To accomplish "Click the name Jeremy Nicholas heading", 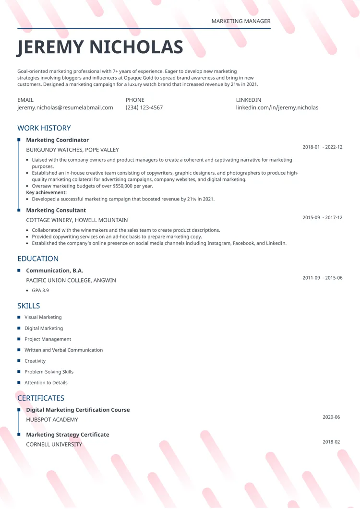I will [x=100, y=47].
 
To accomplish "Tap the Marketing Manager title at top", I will [x=240, y=21].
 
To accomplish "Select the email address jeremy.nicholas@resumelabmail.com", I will [x=65, y=107].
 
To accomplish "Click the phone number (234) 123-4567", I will [x=144, y=107].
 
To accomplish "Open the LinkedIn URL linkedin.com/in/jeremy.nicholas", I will [x=277, y=107].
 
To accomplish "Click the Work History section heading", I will [x=44, y=128].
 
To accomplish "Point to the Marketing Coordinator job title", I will [x=57, y=140].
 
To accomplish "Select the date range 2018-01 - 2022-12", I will [x=322, y=147].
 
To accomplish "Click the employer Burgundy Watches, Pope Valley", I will [x=72, y=150].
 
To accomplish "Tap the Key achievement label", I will [x=47, y=192].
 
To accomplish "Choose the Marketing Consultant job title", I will [x=56, y=210].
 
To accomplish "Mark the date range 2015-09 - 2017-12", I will [x=322, y=217].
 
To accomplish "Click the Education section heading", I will [x=38, y=259].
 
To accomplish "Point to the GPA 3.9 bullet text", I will [x=40, y=290].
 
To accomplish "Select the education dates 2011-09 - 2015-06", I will [x=322, y=278].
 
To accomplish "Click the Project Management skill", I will [x=48, y=339].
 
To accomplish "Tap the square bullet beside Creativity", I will [x=19, y=361].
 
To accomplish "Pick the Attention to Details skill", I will [x=46, y=383].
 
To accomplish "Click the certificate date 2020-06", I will [x=331, y=417].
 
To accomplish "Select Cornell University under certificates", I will [x=54, y=444].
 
